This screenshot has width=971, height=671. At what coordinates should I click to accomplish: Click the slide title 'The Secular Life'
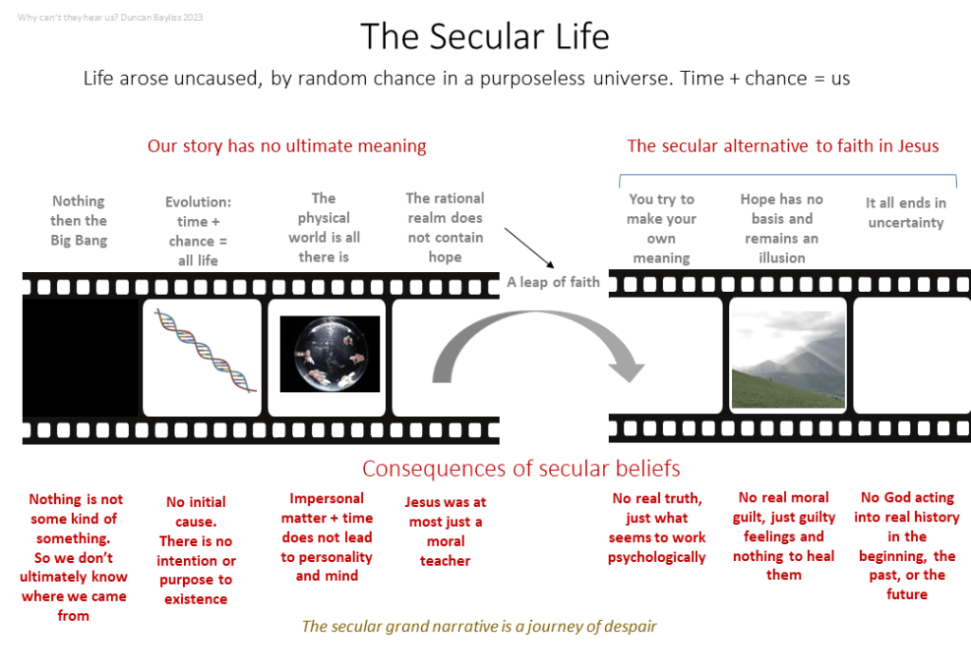485,36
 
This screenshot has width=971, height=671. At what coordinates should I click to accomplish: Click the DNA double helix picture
205,351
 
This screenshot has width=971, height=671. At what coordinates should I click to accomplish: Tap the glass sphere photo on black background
329,354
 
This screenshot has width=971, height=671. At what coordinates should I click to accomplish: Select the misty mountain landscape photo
788,359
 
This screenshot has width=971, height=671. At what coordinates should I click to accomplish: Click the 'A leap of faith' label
553,282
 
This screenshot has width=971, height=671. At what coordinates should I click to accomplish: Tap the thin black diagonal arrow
529,247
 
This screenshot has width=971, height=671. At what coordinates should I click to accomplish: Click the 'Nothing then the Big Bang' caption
79,221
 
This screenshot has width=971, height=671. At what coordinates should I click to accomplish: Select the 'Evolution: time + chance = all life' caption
198,231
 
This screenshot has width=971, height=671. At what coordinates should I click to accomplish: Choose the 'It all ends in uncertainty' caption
906,212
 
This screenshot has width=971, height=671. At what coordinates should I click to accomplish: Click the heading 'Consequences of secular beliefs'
521,468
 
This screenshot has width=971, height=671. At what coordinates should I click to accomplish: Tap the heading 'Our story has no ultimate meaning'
286,146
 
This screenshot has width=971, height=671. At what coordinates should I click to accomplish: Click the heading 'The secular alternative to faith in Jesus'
782,146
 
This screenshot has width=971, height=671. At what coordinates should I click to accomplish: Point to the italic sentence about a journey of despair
479,626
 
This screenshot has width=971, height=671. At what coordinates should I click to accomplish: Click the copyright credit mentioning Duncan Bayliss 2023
110,17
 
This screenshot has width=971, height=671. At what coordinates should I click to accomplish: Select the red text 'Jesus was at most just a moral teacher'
446,531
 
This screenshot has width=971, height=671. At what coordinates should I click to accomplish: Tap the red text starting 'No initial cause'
195,551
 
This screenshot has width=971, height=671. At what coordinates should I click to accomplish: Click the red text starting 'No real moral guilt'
783,536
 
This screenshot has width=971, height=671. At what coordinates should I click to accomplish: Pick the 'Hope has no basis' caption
781,228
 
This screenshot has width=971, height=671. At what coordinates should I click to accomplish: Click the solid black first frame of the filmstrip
81,358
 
